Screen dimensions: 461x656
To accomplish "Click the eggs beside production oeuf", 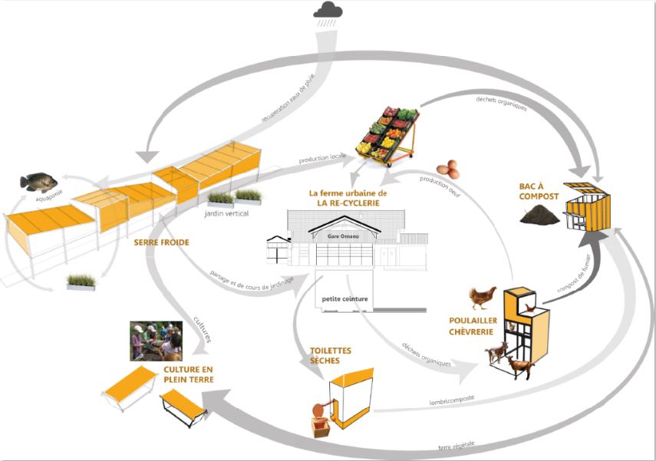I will (x=449, y=168).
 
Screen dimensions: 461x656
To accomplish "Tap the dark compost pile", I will (x=541, y=216).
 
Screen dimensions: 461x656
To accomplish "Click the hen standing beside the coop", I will (x=483, y=295).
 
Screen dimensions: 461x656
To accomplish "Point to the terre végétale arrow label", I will (x=457, y=447).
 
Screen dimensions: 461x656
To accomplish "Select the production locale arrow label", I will (x=322, y=157).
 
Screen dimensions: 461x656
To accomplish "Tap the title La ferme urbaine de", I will (x=347, y=193).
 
